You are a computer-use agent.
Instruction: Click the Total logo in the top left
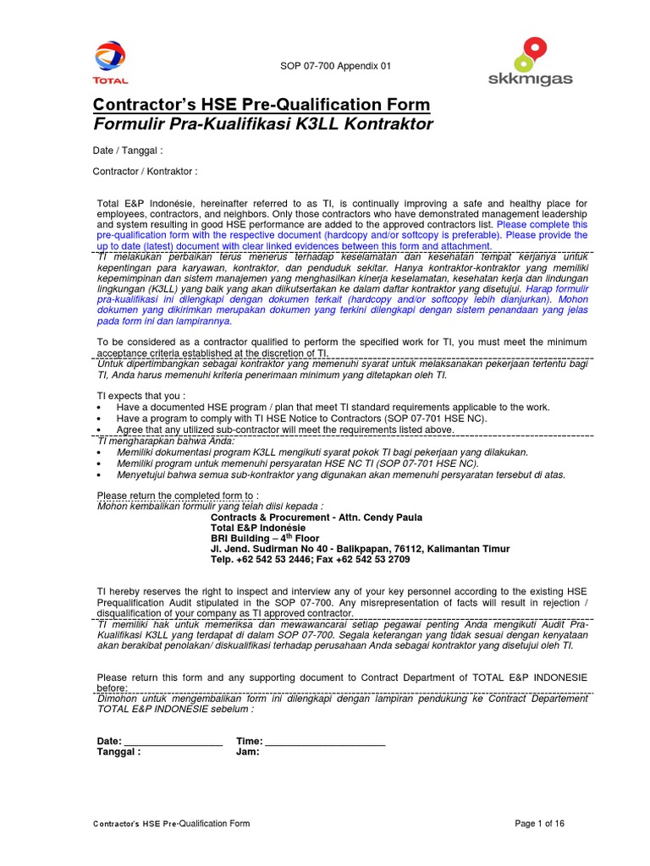pos(112,63)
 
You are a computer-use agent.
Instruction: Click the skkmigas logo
pos(531,61)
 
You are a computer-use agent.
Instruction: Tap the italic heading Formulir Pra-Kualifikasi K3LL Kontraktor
pos(262,125)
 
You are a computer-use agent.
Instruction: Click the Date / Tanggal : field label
pos(128,151)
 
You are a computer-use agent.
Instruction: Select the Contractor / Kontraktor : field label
pos(145,172)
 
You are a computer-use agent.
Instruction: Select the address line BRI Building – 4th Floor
pos(265,537)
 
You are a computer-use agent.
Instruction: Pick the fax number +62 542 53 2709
pos(372,559)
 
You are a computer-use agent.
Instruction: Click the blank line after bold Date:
pos(173,741)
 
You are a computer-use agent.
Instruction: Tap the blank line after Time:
pos(325,741)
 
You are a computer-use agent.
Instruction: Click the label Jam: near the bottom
pos(248,751)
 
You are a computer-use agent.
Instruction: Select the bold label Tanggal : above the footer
pos(118,751)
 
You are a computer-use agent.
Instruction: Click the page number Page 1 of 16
pos(539,823)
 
